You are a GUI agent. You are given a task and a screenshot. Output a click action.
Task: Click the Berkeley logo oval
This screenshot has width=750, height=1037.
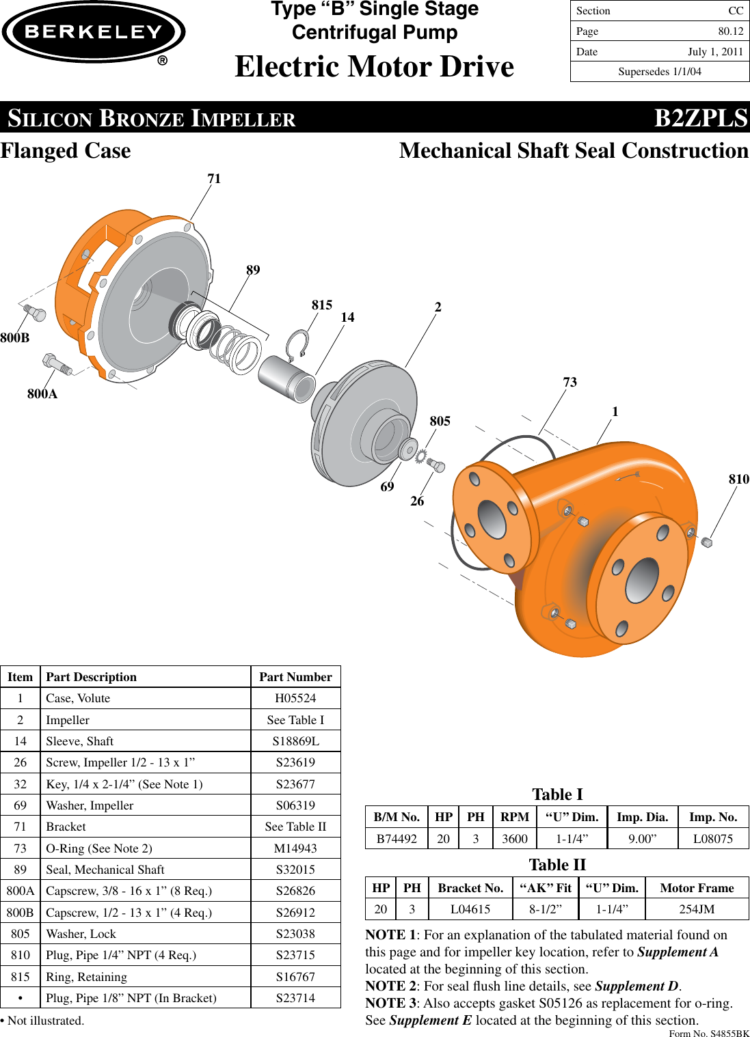[x=94, y=32]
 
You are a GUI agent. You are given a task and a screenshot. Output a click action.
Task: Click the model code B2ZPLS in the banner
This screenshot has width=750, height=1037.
[x=701, y=118]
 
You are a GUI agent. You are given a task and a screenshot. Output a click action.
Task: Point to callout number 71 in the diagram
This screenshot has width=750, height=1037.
[x=214, y=179]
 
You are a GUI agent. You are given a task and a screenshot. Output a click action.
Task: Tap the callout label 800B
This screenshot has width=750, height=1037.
[x=15, y=337]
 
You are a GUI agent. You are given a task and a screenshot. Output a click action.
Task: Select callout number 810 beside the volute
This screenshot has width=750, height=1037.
[x=738, y=479]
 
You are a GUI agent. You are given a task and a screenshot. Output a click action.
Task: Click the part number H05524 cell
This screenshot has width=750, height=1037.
[x=295, y=698]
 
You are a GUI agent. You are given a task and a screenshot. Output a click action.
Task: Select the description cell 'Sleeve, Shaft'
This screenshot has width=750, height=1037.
[x=79, y=741]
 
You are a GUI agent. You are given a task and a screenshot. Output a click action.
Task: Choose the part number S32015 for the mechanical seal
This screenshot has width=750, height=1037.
[x=295, y=870]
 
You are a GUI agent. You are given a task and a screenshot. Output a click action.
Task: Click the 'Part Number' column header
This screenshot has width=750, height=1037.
[x=295, y=677]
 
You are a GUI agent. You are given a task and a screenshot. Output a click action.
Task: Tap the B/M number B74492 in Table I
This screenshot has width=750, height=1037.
[x=397, y=838]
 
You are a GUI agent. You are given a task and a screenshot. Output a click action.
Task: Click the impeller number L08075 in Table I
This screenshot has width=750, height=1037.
[x=712, y=838]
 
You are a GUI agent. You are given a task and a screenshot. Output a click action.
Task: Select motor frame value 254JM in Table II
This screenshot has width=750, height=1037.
[x=697, y=909]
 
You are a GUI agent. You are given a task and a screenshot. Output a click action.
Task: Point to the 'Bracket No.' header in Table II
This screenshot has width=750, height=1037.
[x=470, y=888]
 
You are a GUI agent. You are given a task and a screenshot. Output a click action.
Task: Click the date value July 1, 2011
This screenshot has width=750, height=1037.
[x=715, y=52]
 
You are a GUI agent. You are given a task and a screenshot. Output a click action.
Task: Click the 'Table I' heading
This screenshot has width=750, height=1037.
[x=557, y=794]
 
